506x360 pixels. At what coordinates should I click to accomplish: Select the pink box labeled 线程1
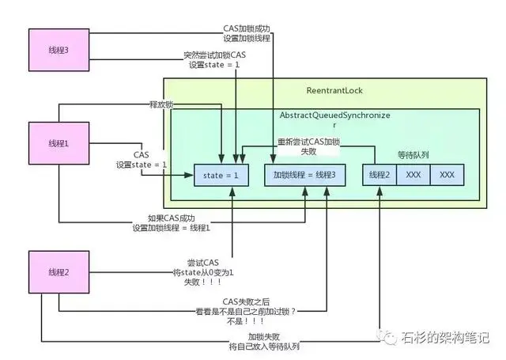57,144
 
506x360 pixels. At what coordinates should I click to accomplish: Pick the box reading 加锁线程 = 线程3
304,175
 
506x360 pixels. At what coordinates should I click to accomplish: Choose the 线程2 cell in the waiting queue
379,175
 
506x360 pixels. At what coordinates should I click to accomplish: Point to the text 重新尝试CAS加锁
308,142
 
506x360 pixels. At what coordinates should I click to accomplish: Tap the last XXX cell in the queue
447,175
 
